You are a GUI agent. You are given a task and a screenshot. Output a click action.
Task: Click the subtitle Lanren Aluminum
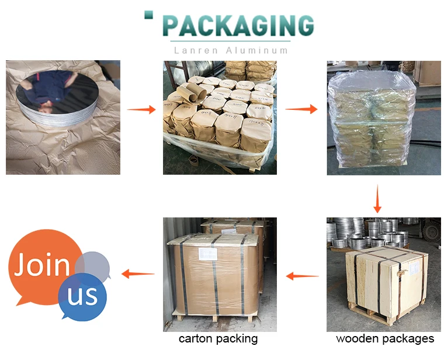click(231, 50)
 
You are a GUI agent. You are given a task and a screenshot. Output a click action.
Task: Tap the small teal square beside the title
click(148, 15)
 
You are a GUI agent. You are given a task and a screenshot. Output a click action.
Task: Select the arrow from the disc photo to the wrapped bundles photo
click(141, 109)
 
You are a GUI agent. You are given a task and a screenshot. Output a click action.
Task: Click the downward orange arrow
click(377, 199)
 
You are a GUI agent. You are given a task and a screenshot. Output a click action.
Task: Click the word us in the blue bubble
click(82, 295)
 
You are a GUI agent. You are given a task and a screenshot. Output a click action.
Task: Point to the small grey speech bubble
click(93, 266)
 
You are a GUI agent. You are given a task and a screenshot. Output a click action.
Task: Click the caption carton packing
click(218, 339)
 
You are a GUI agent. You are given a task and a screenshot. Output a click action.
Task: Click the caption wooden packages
click(385, 339)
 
